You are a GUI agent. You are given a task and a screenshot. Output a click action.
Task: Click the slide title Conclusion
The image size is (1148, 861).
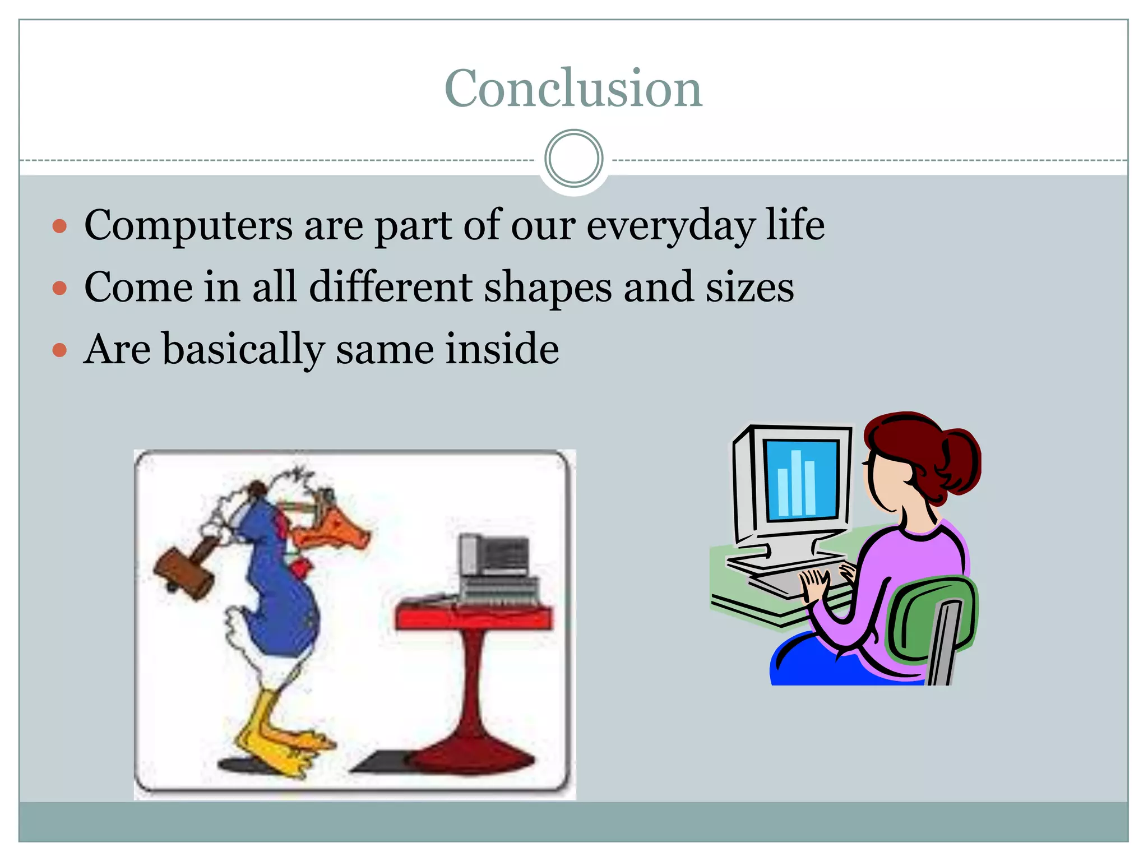tap(573, 88)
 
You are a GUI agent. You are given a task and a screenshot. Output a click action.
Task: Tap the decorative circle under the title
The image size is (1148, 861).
tap(573, 159)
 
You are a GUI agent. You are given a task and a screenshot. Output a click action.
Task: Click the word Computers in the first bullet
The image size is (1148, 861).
tap(188, 225)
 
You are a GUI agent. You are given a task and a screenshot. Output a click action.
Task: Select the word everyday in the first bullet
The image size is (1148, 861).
tap(670, 225)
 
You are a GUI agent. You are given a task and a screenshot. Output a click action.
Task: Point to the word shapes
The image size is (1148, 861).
tap(548, 288)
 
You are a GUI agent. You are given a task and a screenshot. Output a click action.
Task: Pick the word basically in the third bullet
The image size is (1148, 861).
tap(243, 349)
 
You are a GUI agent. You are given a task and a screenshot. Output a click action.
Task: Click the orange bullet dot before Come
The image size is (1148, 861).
tap(59, 288)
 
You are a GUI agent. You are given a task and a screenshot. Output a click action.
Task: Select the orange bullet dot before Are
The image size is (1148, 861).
tap(59, 350)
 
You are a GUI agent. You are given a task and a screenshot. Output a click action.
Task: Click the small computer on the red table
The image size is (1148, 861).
tap(493, 561)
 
